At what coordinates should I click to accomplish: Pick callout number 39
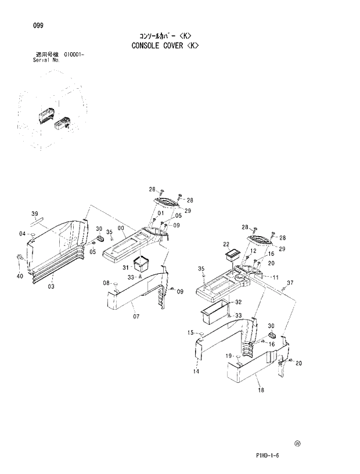[34, 214]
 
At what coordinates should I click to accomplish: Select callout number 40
[20, 276]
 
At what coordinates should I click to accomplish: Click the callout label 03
[51, 287]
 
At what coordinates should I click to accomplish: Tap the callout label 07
[136, 317]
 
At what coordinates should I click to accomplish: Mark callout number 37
[290, 283]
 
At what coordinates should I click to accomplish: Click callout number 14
[196, 371]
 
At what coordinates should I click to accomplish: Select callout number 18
[261, 390]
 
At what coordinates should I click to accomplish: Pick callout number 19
[229, 355]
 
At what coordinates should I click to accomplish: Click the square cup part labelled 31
[141, 265]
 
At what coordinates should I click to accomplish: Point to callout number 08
[107, 283]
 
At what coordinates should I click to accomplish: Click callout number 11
[275, 277]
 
